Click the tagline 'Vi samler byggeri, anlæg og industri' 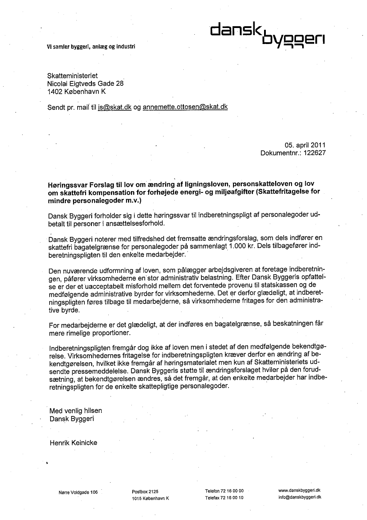(91, 46)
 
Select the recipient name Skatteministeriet (72, 76)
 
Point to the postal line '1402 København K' (77, 92)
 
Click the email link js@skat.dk (115, 107)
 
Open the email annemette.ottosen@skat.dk (185, 107)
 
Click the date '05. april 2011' (305, 145)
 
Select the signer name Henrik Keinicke (73, 442)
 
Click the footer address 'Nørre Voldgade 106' (78, 492)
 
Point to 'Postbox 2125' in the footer (145, 491)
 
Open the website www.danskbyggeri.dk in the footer (300, 490)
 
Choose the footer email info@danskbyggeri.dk (300, 497)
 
